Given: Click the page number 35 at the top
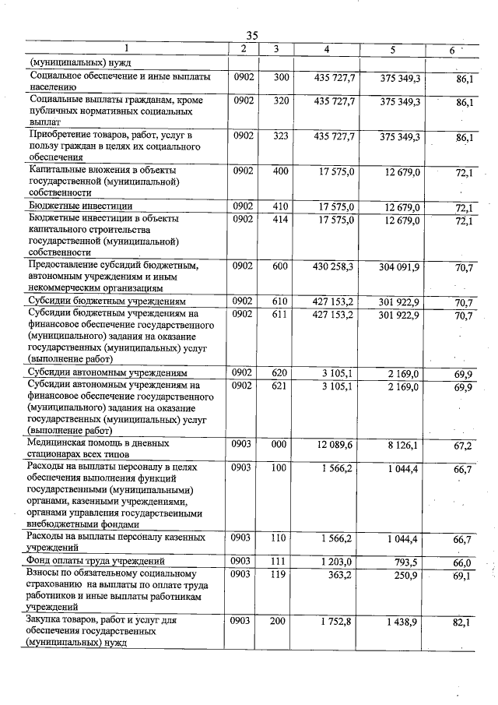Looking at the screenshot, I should click(x=252, y=35).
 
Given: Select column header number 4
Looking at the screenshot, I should click(x=326, y=50).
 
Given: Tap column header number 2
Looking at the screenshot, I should click(x=244, y=50).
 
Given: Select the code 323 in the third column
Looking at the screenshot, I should click(x=281, y=136).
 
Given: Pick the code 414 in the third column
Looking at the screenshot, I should click(x=281, y=220).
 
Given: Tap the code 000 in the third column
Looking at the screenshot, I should click(x=281, y=443).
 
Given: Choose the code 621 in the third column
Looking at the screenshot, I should click(x=281, y=386).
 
